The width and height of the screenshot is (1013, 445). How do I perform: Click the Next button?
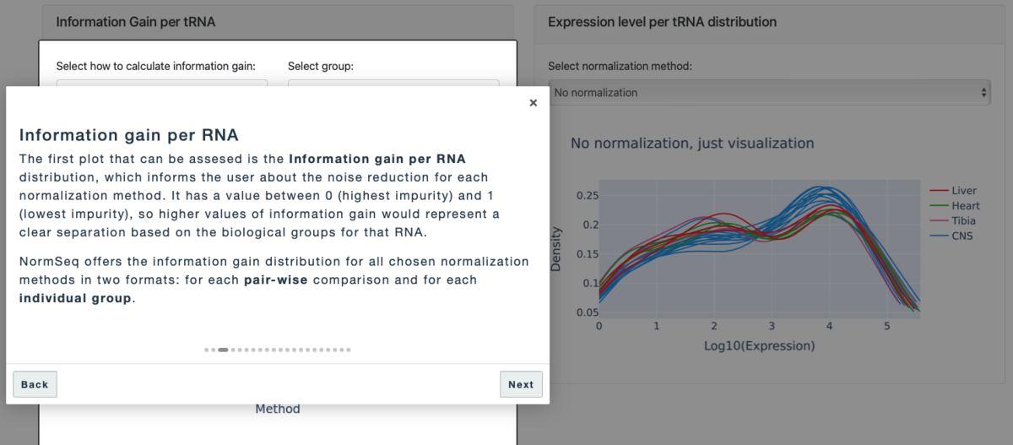tap(521, 384)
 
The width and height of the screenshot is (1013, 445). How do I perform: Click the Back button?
tap(35, 384)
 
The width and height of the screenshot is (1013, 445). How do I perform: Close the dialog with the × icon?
tap(533, 103)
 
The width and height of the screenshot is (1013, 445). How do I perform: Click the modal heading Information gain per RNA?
tap(128, 135)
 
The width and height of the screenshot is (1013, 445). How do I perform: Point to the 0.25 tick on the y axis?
tap(582, 196)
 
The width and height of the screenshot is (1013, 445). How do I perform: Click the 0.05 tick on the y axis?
tap(582, 312)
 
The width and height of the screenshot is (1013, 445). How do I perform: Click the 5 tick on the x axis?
tap(886, 325)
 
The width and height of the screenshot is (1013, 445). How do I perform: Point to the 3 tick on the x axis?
tap(772, 325)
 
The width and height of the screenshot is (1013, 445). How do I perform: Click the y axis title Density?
tap(556, 252)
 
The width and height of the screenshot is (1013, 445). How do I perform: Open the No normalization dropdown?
tap(768, 92)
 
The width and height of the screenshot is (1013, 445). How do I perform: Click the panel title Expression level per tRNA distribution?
tap(662, 22)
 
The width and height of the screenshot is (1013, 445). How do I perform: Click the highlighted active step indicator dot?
tap(223, 350)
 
